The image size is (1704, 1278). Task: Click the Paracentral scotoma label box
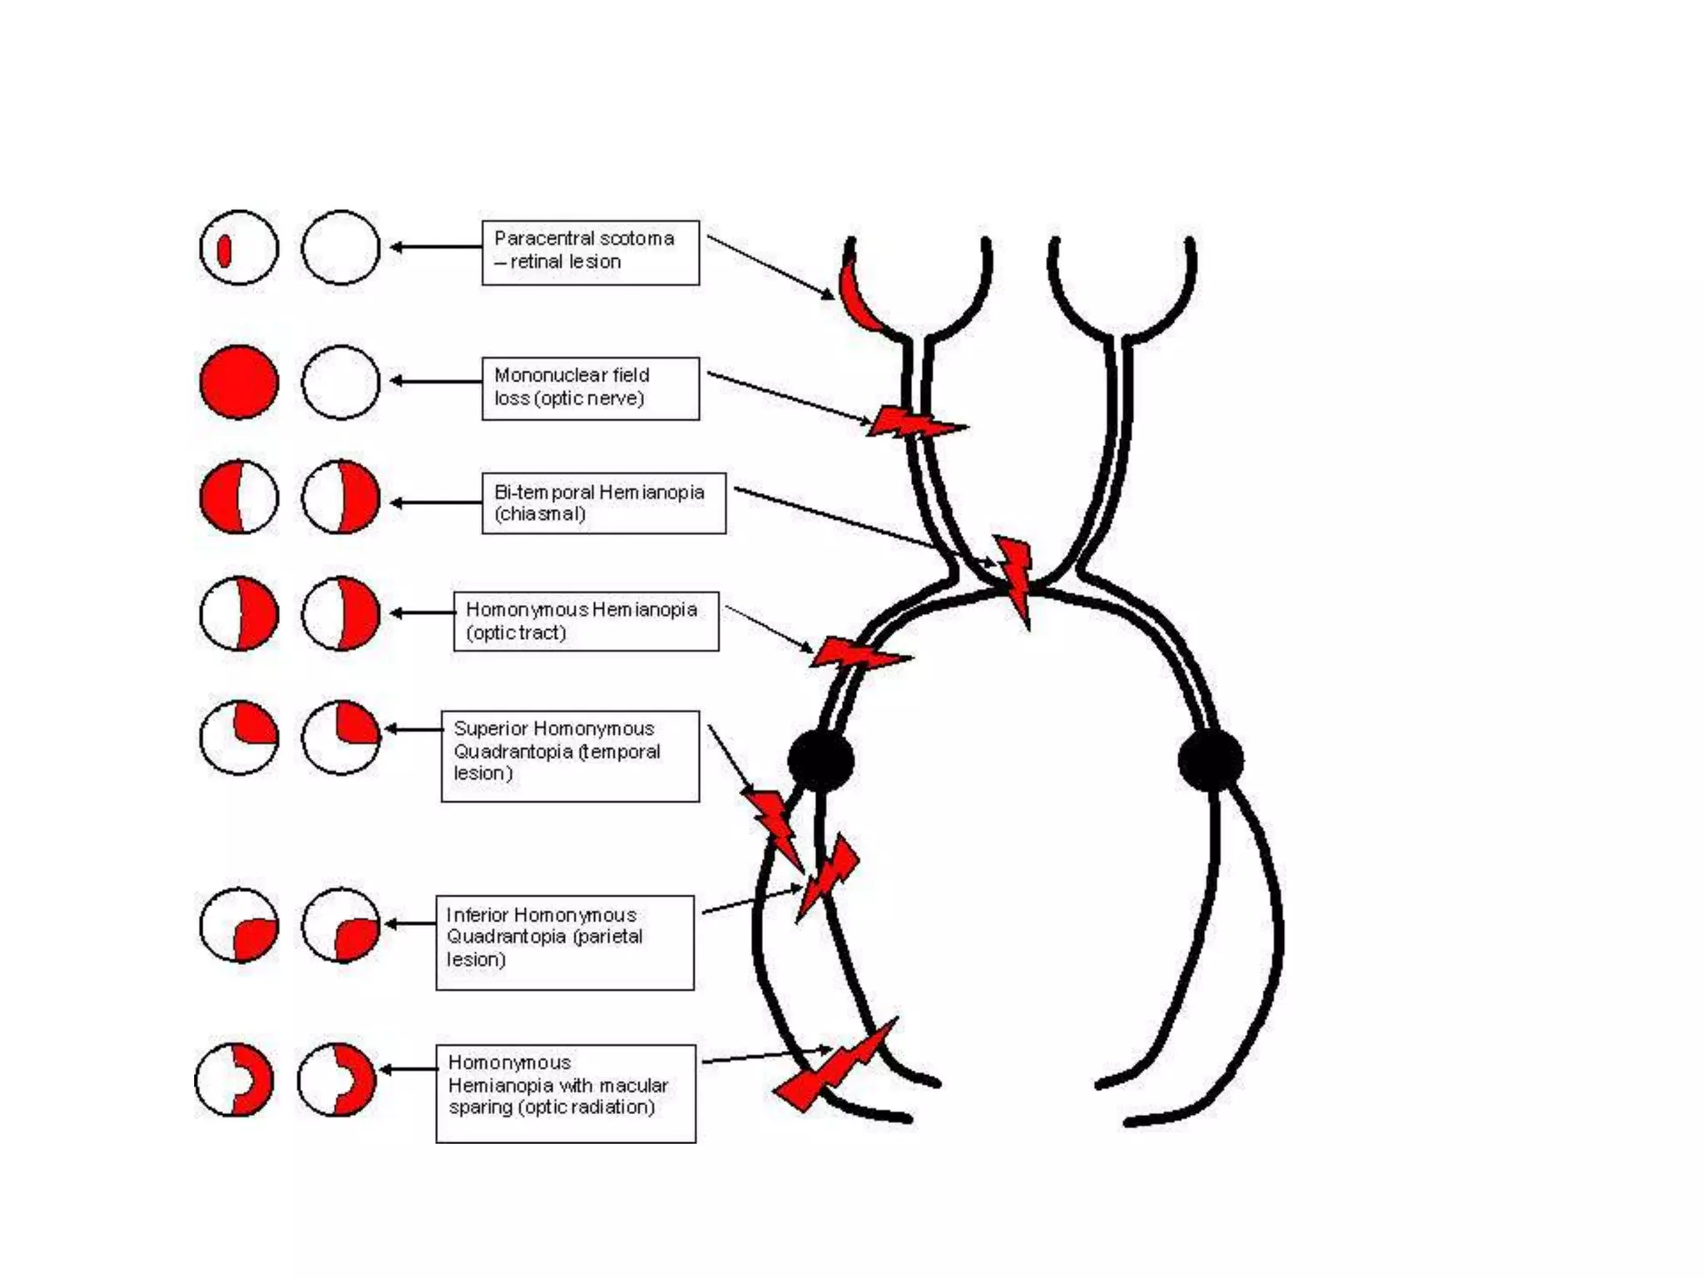590,252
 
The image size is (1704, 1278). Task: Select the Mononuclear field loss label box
590,388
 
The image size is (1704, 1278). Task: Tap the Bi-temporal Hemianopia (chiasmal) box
603,503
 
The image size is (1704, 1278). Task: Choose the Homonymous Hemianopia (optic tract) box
586,621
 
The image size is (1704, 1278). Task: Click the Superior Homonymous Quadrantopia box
570,755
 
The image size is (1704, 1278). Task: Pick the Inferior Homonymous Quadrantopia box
564,942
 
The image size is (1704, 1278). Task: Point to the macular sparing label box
565,1092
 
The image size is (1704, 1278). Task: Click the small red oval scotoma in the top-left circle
224,250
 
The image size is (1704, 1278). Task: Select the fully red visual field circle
239,382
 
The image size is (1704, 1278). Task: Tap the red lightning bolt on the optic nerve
911,424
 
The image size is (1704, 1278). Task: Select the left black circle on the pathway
820,760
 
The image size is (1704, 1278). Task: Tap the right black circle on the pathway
1211,760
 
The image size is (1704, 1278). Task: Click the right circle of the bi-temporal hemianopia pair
341,497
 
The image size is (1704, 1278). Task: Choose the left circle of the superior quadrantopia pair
239,738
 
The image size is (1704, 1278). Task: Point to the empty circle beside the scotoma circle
341,247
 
